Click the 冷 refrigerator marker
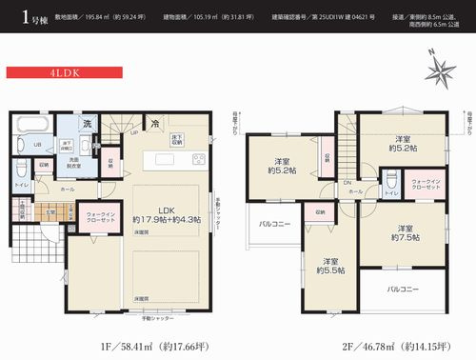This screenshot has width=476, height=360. (x=152, y=122)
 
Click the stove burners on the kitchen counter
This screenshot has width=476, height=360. (x=199, y=158)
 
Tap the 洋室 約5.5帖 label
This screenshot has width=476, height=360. (x=329, y=266)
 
